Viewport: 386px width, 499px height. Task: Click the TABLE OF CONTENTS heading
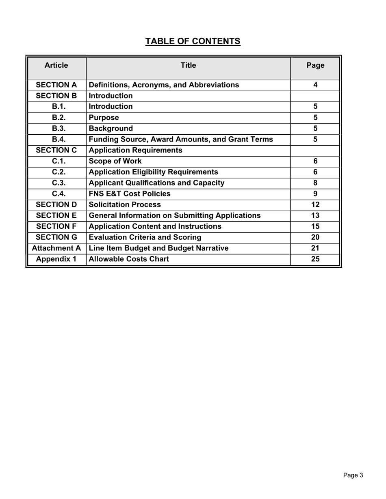[193, 41]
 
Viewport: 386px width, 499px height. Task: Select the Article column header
[56, 65]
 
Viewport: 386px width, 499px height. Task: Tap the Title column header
[188, 65]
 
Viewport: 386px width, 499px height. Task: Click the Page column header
[315, 65]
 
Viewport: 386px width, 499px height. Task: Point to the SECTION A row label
[56, 85]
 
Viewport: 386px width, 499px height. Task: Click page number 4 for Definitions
[315, 85]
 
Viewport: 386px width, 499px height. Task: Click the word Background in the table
[111, 129]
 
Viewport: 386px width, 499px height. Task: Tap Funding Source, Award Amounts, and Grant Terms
[180, 140]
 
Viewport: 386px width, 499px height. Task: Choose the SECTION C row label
[56, 151]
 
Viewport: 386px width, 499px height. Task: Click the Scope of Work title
[115, 161]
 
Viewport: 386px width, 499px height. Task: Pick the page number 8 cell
[315, 183]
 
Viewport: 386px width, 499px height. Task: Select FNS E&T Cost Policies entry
[129, 194]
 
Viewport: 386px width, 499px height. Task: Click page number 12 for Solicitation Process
[315, 205]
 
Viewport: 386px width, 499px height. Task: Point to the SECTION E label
[56, 215]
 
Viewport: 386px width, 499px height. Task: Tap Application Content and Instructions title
[155, 226]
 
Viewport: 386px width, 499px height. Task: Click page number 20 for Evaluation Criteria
[315, 237]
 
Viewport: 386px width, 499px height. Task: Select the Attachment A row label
[56, 248]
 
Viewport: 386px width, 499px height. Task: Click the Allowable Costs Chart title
[128, 259]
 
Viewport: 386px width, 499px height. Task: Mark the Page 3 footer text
[353, 475]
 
